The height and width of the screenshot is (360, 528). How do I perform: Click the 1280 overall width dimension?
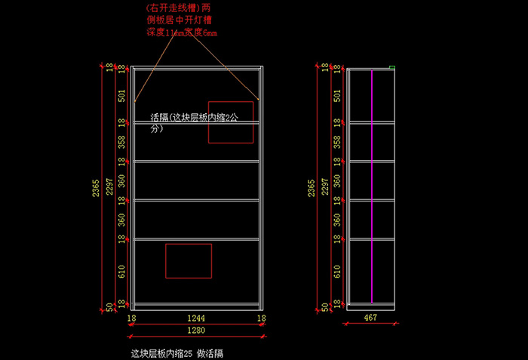pos(195,331)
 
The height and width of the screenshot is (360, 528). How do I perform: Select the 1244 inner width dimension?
pos(195,319)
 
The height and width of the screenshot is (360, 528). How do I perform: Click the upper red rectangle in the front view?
pos(231,122)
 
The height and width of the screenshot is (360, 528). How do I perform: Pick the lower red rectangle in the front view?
pos(189,260)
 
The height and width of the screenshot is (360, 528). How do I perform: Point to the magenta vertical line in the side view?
pos(372,189)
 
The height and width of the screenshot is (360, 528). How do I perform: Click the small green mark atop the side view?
pos(392,68)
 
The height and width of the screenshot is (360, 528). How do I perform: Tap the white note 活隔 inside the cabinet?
pos(195,123)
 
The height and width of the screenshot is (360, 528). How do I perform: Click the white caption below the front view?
pos(177,352)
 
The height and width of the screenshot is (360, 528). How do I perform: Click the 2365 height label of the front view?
pos(96,189)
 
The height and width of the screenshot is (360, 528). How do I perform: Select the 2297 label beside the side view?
pos(325,189)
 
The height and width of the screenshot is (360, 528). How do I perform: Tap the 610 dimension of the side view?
pos(336,272)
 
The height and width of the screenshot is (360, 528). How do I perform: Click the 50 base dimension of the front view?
pos(110,306)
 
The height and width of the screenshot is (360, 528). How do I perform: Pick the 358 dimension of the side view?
pos(336,141)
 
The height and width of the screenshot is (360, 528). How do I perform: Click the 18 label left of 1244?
pos(131,319)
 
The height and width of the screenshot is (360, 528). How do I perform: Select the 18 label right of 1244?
pos(261,319)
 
